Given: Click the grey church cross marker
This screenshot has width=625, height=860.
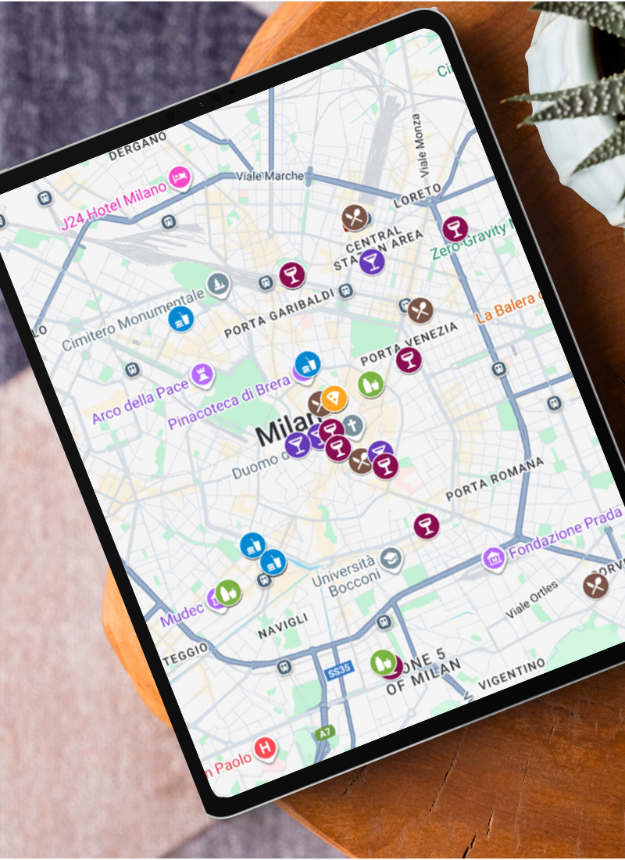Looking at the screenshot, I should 353,427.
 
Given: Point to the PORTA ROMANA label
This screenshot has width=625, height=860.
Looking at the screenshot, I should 494,479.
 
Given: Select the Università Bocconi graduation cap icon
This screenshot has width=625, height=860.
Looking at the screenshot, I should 391,558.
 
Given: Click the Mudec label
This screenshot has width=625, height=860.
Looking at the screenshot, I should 182,614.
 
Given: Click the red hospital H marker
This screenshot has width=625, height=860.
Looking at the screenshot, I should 266,748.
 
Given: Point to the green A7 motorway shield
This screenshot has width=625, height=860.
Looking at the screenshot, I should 324,734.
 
